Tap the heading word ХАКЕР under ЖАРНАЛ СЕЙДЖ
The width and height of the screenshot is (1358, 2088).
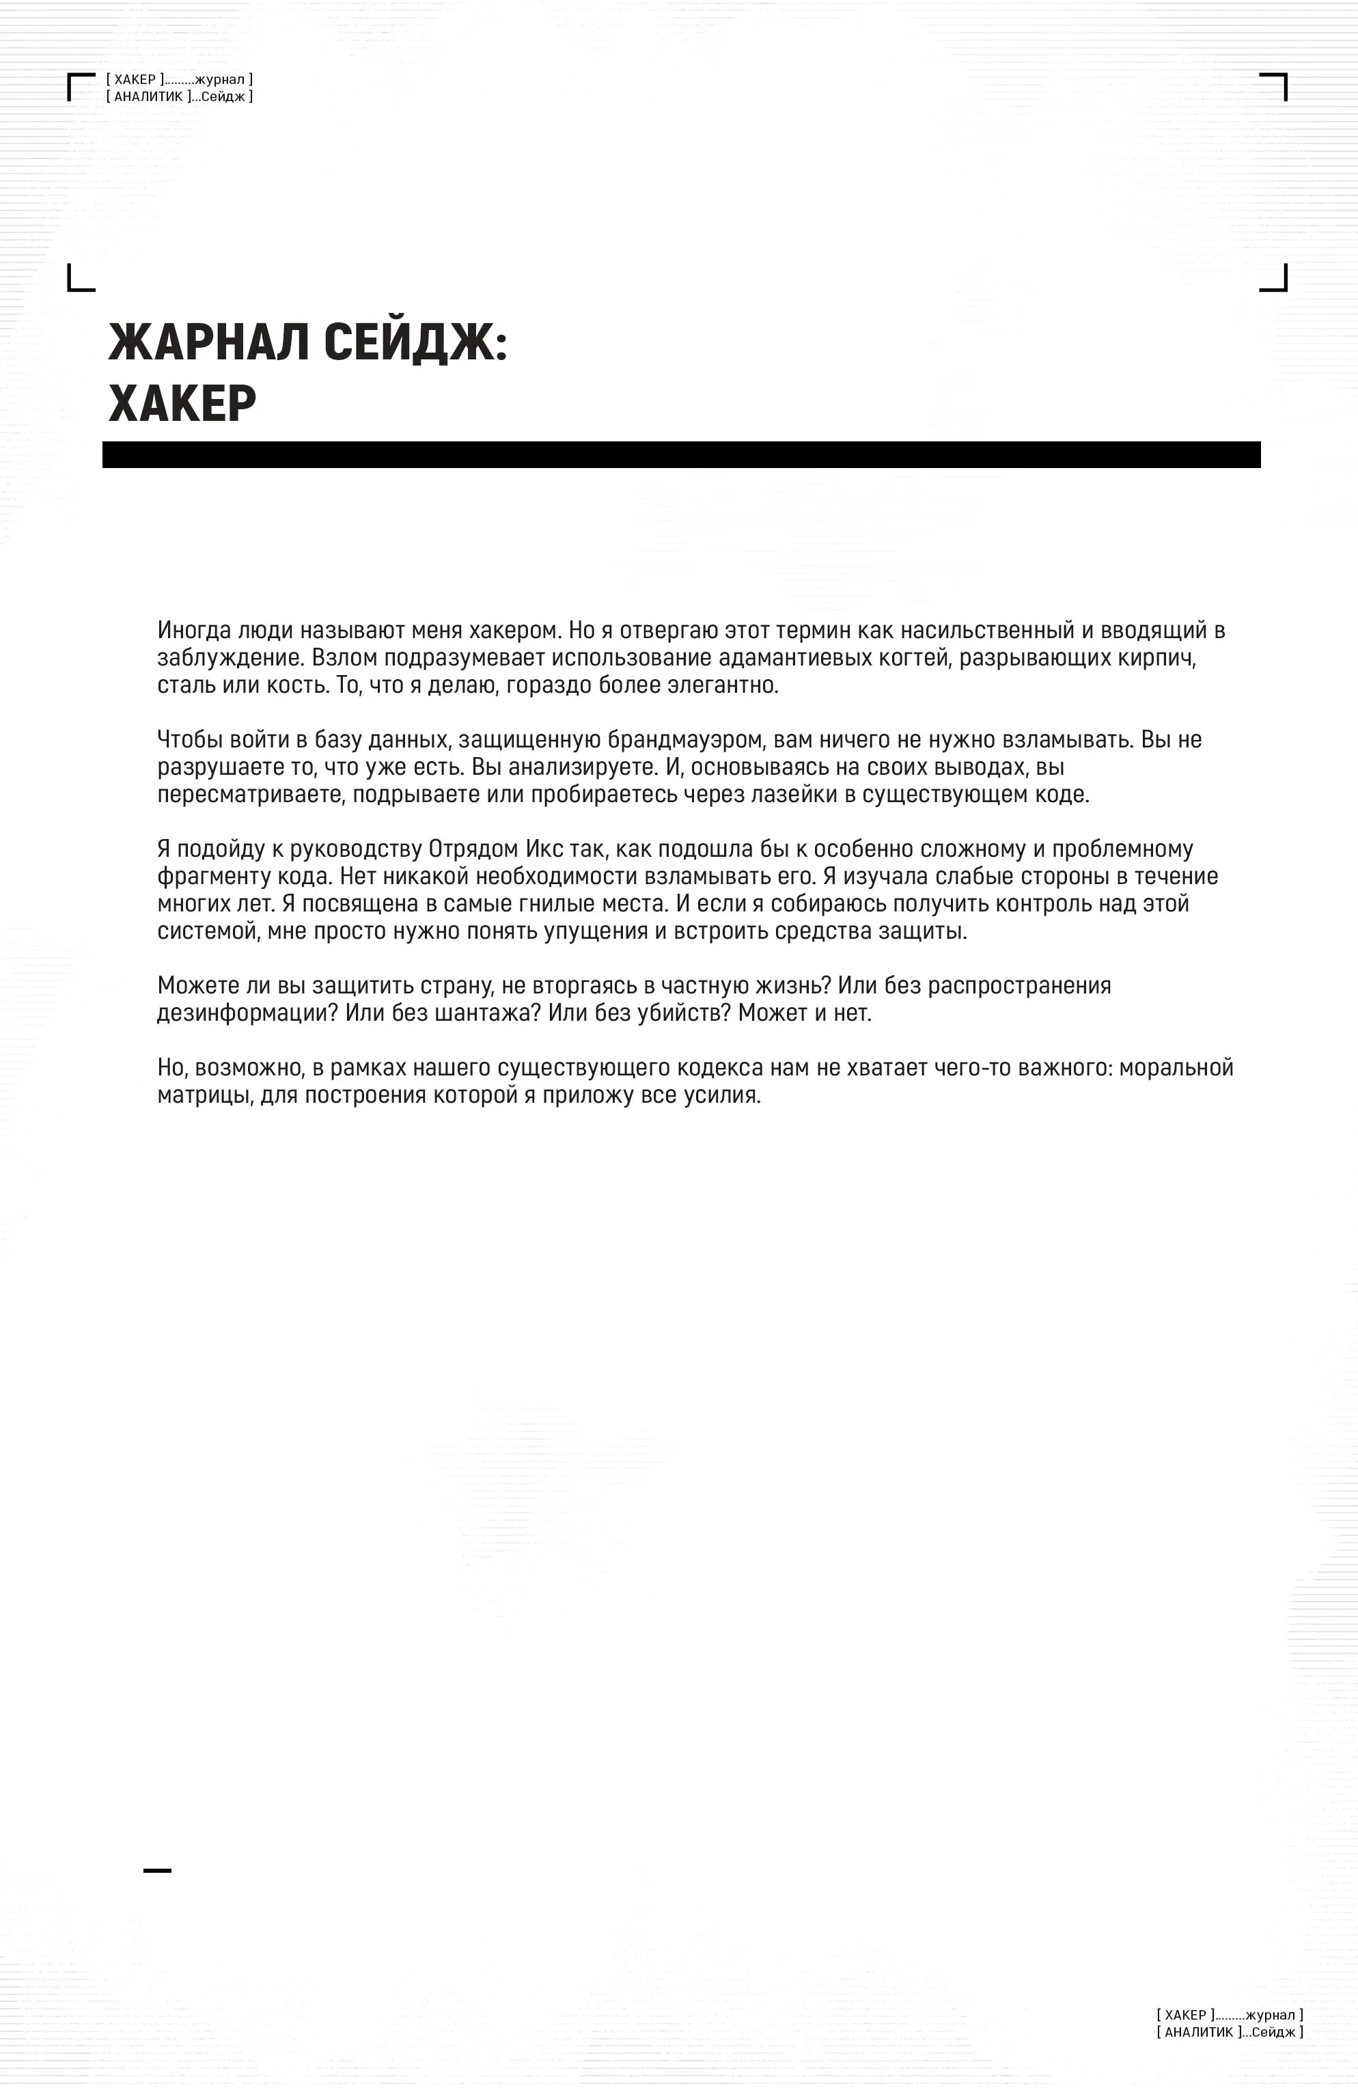tap(182, 404)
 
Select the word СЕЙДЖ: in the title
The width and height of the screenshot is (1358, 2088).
tap(416, 342)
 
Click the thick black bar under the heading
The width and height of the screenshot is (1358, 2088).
tap(681, 454)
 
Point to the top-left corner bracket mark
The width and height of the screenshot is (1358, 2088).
tap(79, 85)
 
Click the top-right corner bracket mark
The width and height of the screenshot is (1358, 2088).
tap(1275, 85)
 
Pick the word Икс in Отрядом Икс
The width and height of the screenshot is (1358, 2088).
tap(544, 849)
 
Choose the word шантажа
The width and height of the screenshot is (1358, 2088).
tap(488, 1013)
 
